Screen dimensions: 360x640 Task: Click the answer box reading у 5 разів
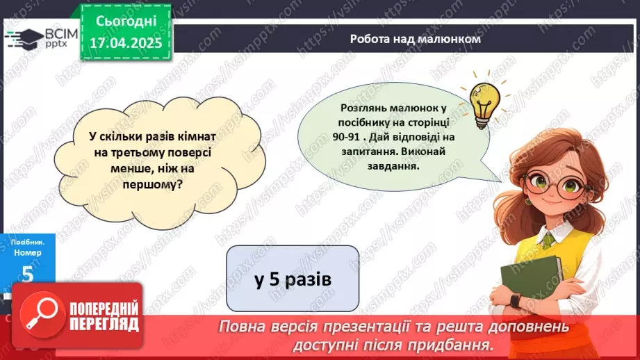pyautogui.click(x=293, y=279)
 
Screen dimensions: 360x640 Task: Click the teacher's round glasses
pyautogui.click(x=556, y=183)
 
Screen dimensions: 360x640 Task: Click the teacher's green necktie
pyautogui.click(x=548, y=240)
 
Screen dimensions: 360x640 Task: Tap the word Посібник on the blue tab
pyautogui.click(x=27, y=241)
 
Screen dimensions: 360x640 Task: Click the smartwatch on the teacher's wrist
pyautogui.click(x=514, y=300)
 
